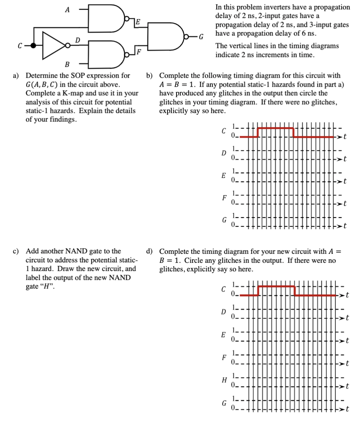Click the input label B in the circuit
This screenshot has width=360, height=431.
click(x=67, y=64)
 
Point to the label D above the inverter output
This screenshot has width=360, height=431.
click(x=77, y=39)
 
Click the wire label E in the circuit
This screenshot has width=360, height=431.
click(x=138, y=21)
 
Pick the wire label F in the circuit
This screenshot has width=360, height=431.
click(x=139, y=52)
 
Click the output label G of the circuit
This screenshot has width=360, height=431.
click(x=201, y=37)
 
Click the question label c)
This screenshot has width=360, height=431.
click(x=18, y=251)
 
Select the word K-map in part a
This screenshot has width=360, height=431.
click(x=76, y=93)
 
